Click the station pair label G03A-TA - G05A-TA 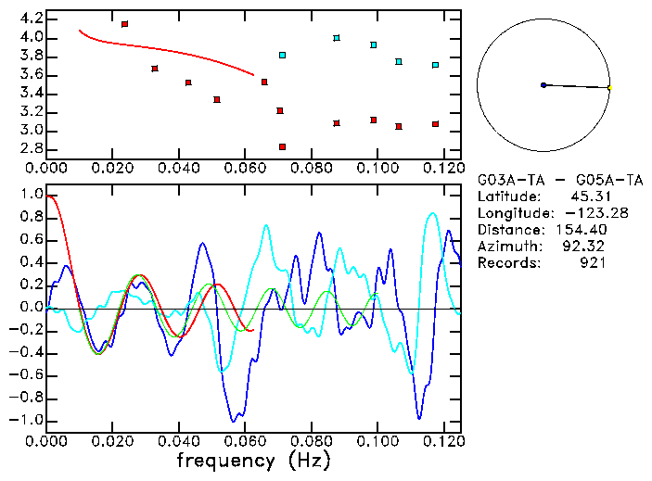tap(560, 180)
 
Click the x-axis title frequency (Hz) tap(253, 461)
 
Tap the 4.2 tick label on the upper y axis tap(31, 19)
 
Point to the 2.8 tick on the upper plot tap(31, 148)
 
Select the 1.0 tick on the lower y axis tap(31, 195)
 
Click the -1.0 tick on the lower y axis tap(28, 420)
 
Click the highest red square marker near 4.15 tap(124, 23)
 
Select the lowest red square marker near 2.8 tap(282, 147)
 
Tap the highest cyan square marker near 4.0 tap(337, 38)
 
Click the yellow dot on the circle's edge tap(609, 88)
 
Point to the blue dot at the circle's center tap(543, 85)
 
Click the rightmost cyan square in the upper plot tap(435, 65)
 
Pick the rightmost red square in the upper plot tap(435, 124)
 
